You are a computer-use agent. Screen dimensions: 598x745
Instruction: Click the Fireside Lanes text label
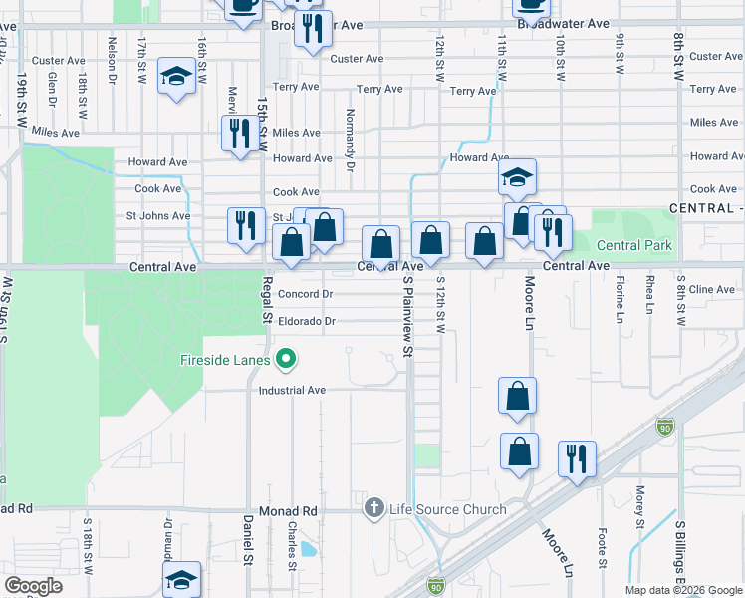(x=228, y=359)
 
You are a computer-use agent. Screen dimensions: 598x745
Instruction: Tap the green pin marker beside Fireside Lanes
(x=287, y=356)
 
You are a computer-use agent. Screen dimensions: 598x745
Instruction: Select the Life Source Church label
(x=447, y=509)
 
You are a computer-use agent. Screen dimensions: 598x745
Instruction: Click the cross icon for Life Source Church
(x=374, y=509)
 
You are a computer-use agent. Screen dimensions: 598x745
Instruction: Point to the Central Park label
(x=634, y=245)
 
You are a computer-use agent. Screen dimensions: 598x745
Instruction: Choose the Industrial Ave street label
(x=293, y=391)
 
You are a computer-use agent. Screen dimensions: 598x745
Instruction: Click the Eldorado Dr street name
(x=307, y=321)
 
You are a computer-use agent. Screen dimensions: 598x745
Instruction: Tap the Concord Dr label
(x=305, y=294)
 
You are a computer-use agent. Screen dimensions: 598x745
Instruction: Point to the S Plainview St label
(x=407, y=317)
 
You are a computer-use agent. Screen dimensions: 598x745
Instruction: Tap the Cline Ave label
(x=712, y=290)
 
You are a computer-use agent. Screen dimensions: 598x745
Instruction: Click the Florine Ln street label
(x=620, y=300)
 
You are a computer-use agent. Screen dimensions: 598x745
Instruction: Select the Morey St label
(x=641, y=500)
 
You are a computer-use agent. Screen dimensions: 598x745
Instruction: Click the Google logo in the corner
(x=34, y=586)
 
